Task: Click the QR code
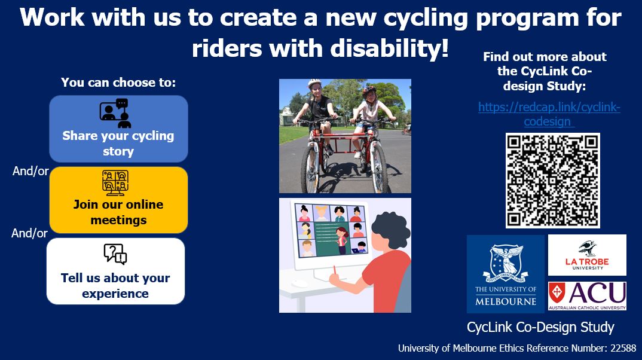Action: (552, 180)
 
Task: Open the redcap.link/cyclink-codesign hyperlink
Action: (549, 114)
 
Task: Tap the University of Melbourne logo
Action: (506, 273)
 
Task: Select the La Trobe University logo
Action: (586, 255)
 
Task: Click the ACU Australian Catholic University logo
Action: (586, 296)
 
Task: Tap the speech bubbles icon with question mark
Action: (115, 254)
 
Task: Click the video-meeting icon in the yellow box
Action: (115, 183)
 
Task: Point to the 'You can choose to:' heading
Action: (118, 83)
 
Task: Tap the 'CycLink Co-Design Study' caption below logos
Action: (540, 327)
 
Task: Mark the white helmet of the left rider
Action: (314, 84)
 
